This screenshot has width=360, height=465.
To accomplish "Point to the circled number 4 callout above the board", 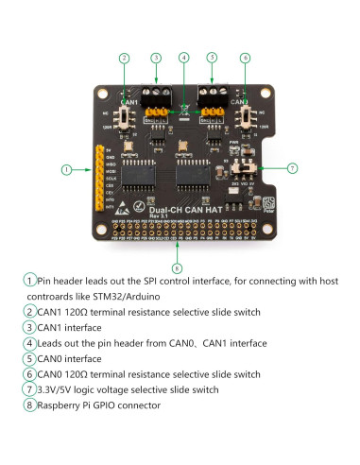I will pos(183,59).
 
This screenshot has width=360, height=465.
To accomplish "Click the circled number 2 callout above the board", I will pos(124,59).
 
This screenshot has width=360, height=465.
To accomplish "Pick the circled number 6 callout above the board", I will pos(245,59).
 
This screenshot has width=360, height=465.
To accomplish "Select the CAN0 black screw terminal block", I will pos(214,94).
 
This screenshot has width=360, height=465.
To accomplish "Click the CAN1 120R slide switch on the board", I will pos(126,117).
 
